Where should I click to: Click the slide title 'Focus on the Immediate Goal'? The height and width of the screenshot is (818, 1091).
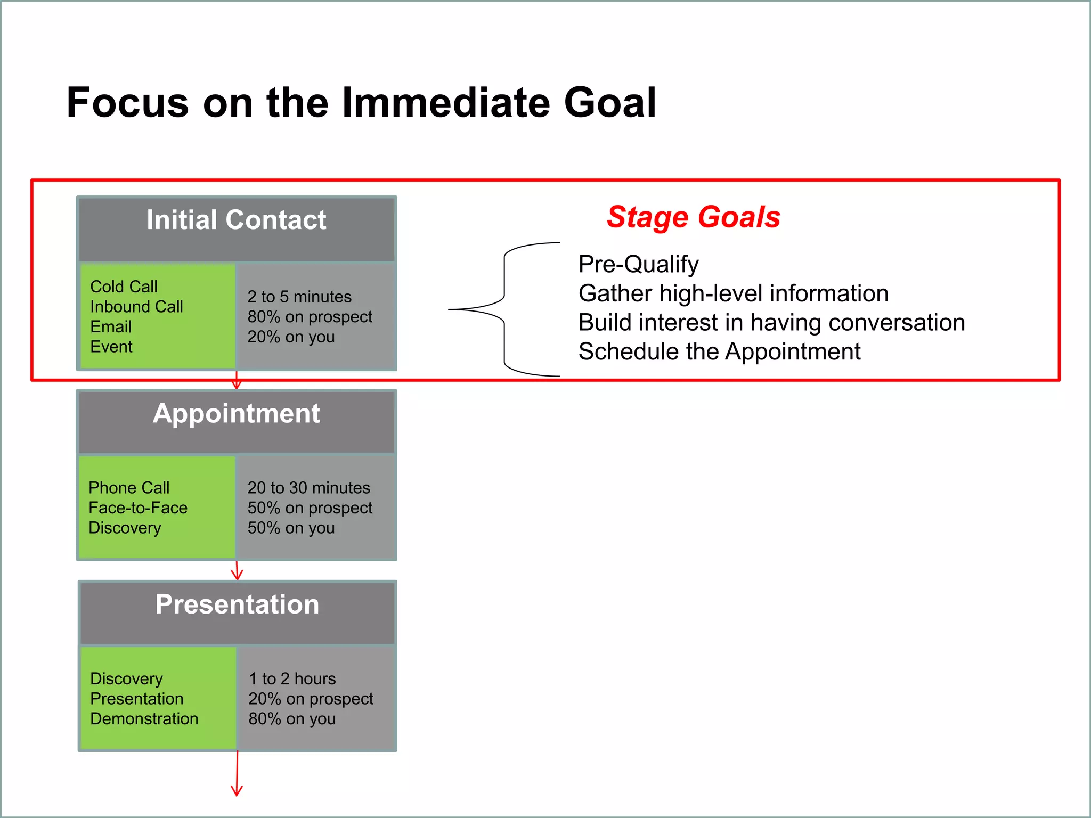(x=361, y=102)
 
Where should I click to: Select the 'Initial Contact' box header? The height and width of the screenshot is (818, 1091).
(x=236, y=220)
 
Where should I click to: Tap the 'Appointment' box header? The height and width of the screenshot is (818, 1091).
(x=236, y=414)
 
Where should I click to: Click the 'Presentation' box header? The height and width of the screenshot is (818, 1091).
(x=237, y=604)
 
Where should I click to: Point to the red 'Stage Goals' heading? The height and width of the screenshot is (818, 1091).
(x=693, y=217)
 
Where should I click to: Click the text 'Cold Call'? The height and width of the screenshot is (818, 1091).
(x=124, y=287)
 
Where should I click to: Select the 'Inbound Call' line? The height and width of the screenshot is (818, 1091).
(x=136, y=307)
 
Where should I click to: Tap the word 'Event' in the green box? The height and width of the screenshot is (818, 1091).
(x=111, y=347)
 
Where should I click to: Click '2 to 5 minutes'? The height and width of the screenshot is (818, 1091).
(x=299, y=297)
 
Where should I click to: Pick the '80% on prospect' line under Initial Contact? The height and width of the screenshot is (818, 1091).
(x=310, y=317)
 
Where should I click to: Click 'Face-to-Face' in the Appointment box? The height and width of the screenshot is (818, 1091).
(x=138, y=508)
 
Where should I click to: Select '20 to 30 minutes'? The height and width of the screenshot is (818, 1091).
(x=308, y=488)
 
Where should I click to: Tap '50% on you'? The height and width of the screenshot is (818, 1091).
(x=291, y=528)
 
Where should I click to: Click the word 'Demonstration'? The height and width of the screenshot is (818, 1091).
(x=144, y=719)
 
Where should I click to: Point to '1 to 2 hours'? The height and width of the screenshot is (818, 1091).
(x=292, y=679)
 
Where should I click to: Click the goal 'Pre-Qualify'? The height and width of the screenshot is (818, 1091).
(x=638, y=264)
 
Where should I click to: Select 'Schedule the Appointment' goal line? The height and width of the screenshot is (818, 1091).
(x=719, y=352)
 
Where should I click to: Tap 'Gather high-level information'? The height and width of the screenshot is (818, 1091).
(x=733, y=293)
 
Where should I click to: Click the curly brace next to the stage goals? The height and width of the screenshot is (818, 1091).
(x=504, y=309)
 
